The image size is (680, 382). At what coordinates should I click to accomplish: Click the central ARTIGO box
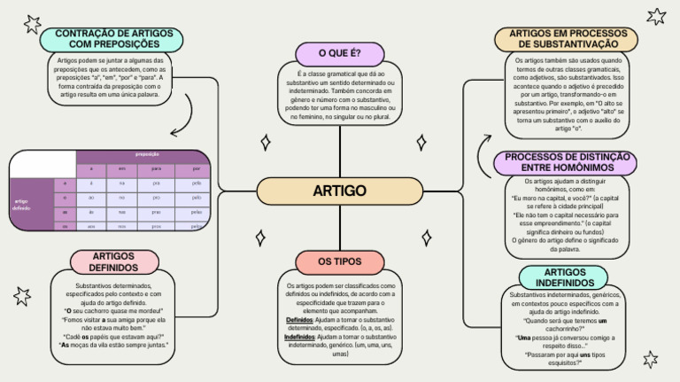[x=339, y=191]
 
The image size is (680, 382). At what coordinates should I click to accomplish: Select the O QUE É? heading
[x=339, y=52]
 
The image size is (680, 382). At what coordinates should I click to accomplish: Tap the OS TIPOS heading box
[x=339, y=261]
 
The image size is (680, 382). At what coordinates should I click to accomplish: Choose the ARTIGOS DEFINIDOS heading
[x=113, y=261]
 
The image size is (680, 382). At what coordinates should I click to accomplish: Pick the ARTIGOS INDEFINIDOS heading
[x=564, y=277]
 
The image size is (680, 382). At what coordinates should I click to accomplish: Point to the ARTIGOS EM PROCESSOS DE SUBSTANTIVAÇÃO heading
[x=564, y=38]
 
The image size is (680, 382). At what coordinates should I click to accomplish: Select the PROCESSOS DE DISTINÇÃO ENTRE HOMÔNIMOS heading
[x=564, y=162]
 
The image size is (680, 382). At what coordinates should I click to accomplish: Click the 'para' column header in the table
[x=156, y=168]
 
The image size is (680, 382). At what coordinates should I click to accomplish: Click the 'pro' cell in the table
[x=156, y=198]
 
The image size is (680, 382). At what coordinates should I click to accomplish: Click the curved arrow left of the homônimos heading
[x=483, y=151]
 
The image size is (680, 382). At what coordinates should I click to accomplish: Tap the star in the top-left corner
[x=33, y=23]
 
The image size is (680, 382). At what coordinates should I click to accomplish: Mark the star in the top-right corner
[x=656, y=16]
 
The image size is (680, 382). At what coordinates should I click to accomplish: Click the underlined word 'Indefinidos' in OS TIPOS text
[x=301, y=337]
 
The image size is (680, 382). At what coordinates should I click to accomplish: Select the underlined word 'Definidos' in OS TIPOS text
[x=299, y=320]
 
